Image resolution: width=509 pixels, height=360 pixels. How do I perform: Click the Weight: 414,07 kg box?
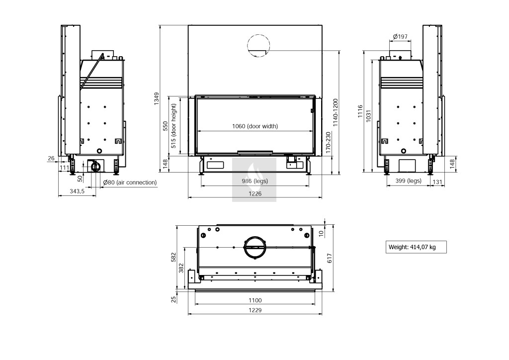(x=416, y=247)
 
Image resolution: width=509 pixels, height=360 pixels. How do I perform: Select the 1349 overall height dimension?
(x=157, y=98)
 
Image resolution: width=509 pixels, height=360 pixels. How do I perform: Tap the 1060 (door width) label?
(x=255, y=126)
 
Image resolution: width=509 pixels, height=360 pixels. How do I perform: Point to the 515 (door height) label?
(x=173, y=126)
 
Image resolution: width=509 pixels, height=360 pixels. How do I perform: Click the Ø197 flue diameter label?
(x=400, y=36)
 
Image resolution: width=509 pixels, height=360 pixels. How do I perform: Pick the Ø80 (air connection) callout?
(x=130, y=182)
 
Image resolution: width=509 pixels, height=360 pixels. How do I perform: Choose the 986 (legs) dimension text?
(x=255, y=181)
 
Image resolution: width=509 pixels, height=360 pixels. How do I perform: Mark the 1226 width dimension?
(x=255, y=193)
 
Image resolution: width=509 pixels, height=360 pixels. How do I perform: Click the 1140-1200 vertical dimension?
(x=336, y=113)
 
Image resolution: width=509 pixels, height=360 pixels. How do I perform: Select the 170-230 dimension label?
(x=328, y=143)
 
